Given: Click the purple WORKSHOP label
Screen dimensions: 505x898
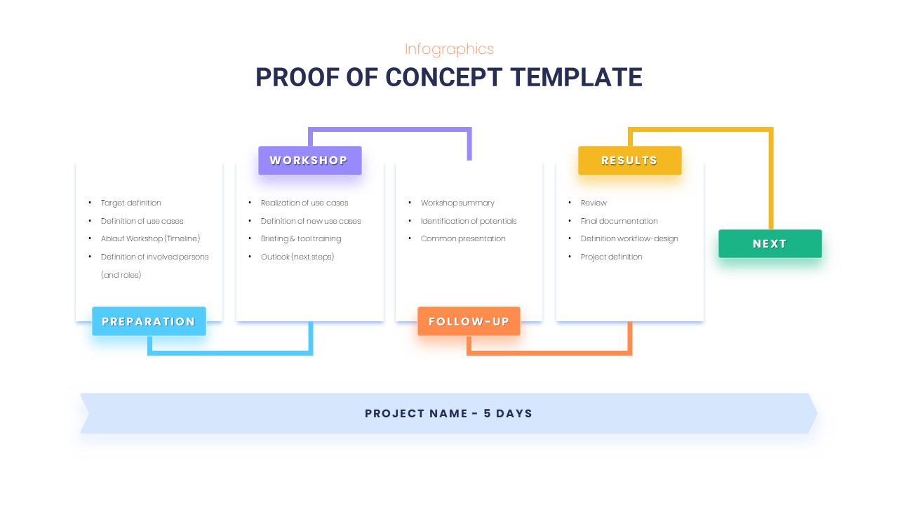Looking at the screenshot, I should (309, 161).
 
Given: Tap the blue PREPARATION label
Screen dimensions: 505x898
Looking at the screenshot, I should (149, 322).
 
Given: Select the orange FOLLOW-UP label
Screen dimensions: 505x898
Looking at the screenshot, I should (469, 322).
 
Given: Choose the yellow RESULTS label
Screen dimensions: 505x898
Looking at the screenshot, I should (629, 161).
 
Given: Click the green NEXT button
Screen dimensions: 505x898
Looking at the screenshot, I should (770, 244).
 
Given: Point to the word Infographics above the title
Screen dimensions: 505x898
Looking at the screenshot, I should (449, 49).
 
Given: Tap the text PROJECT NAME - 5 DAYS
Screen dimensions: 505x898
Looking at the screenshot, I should (448, 414).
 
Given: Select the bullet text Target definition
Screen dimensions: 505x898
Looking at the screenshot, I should (131, 203).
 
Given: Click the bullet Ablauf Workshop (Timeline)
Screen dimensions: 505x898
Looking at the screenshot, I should (150, 238).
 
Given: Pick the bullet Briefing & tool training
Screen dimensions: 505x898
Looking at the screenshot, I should (301, 238).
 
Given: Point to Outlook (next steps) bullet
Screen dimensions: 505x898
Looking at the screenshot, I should (297, 257).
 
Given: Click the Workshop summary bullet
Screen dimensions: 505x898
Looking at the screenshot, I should (457, 203).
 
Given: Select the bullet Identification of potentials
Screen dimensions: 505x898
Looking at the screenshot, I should (469, 221).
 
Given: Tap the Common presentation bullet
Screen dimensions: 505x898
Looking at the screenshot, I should (463, 238).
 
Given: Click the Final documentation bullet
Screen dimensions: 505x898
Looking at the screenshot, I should (619, 221).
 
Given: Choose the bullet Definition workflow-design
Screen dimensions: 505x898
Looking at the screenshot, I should (629, 238).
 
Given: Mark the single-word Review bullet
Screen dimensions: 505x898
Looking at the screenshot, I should (594, 203).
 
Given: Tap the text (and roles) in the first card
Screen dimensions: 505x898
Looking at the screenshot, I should (121, 275).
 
